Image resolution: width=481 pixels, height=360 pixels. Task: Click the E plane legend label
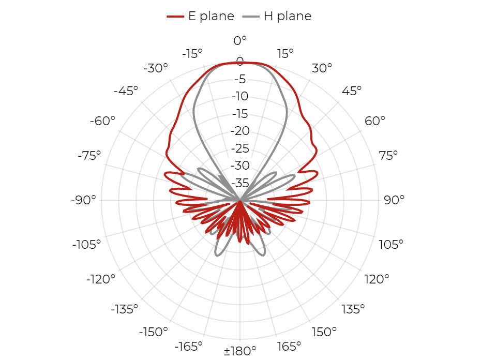tap(211, 16)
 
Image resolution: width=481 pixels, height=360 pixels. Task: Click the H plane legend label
tap(288, 16)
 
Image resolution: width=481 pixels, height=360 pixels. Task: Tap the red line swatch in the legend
tap(175, 16)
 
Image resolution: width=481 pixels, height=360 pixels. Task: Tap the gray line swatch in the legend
tap(251, 16)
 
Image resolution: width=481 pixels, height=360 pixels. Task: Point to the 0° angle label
tap(240, 40)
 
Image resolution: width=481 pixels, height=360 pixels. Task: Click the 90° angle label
tap(394, 200)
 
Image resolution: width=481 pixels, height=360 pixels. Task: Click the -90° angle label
tap(83, 200)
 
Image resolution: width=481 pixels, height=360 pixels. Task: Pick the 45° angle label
tap(352, 91)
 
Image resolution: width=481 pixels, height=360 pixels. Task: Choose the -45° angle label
tap(126, 91)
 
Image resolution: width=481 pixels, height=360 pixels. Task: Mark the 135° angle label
tap(353, 309)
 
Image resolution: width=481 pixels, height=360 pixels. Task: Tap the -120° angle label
tap(101, 279)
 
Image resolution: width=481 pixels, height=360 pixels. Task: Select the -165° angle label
tap(188, 347)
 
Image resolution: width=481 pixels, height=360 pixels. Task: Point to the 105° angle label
tap(391, 245)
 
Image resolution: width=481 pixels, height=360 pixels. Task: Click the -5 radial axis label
tap(240, 79)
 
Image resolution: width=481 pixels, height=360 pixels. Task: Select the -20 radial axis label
tap(240, 131)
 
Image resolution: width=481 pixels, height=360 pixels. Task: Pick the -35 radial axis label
tap(240, 183)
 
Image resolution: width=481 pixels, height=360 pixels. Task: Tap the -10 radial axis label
tap(240, 96)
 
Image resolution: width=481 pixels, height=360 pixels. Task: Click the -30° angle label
tap(156, 68)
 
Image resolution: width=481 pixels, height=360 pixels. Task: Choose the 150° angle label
tap(324, 332)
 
